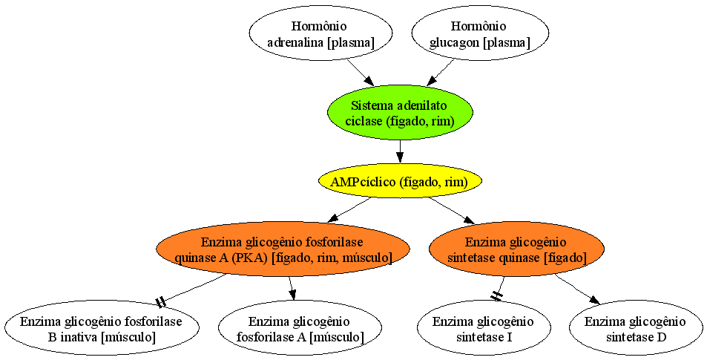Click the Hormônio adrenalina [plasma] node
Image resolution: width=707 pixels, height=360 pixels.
click(320, 34)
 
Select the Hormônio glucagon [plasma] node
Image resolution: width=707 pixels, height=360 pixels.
click(480, 34)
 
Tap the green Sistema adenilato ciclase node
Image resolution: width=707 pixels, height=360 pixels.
click(399, 114)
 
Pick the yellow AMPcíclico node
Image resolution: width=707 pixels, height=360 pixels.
click(399, 182)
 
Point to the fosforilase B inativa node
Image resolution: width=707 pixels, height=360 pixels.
click(102, 329)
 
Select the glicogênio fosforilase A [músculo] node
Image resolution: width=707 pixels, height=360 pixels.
click(300, 329)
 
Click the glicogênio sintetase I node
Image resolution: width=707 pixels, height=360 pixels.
click(484, 329)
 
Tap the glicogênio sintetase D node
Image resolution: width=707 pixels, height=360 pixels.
click(635, 329)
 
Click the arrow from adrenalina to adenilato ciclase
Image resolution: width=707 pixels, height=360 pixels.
click(361, 72)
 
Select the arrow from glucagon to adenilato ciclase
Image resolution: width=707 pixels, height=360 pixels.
click(440, 72)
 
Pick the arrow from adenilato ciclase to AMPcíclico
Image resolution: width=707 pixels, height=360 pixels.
click(399, 151)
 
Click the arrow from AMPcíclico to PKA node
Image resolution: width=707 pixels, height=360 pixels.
click(349, 210)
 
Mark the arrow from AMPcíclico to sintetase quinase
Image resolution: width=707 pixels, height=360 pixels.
click(452, 210)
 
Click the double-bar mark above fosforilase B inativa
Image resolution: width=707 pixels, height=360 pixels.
click(161, 302)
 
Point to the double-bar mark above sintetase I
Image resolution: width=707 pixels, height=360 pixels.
click(496, 295)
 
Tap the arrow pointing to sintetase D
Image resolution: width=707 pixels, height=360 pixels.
click(578, 289)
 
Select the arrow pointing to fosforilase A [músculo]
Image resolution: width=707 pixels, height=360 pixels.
click(292, 288)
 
